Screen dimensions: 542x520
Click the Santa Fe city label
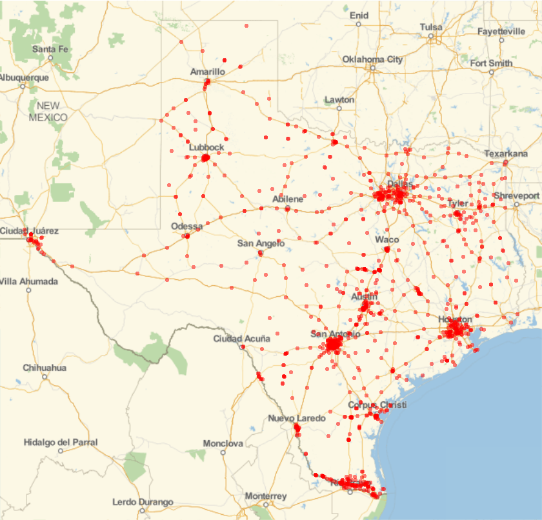coord(50,49)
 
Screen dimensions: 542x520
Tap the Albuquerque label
coord(24,77)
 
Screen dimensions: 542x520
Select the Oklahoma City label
coord(372,59)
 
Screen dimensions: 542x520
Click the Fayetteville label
coord(501,31)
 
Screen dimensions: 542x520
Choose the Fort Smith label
coord(492,63)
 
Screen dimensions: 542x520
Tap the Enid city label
coord(358,15)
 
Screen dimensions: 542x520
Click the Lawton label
coord(339,100)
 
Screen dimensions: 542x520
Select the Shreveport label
coord(516,195)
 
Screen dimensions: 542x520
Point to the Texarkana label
coord(506,154)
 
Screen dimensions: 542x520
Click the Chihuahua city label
coord(45,368)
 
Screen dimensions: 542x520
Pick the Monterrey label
coord(266,496)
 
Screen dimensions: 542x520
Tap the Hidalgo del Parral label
coord(61,443)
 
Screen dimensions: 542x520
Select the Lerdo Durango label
coord(143,502)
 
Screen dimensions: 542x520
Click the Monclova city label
coord(223,444)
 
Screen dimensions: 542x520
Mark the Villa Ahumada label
coord(29,281)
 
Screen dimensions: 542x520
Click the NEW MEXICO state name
coord(48,111)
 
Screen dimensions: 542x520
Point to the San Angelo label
coord(261,243)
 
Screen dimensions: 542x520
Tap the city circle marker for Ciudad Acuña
coord(243,347)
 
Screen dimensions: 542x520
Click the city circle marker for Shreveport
coord(517,205)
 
